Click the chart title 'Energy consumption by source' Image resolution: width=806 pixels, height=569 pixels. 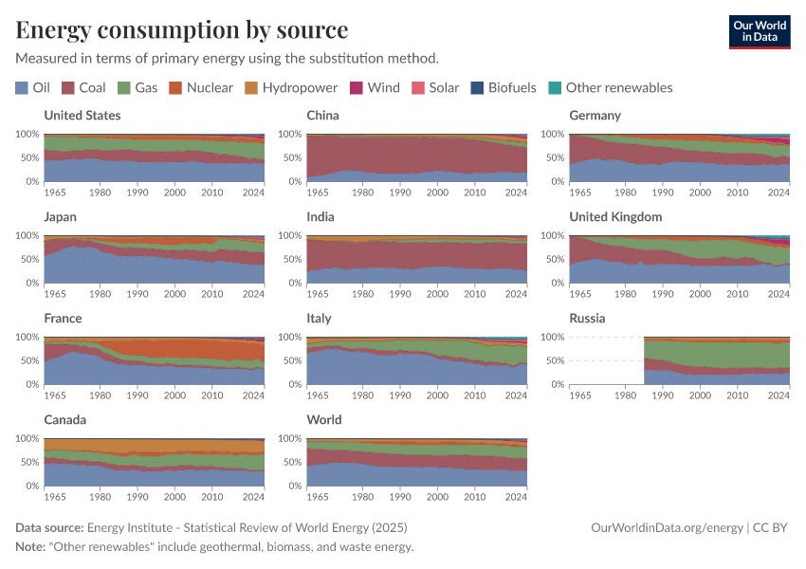tap(181, 29)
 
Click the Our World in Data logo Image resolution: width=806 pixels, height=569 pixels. tap(759, 31)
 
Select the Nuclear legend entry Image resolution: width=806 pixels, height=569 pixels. tap(201, 88)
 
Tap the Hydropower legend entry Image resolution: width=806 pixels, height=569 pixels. tap(291, 88)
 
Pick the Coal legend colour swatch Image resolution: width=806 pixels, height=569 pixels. tap(68, 88)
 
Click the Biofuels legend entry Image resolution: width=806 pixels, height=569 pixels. tap(504, 88)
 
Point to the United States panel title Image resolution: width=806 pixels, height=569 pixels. tap(82, 116)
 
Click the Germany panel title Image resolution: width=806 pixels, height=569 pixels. tap(595, 116)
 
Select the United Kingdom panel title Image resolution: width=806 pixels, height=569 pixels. tap(615, 217)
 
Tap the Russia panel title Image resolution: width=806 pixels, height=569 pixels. tap(587, 319)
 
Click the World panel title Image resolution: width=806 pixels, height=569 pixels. tap(324, 420)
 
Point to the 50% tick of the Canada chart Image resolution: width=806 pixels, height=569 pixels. tap(28, 463)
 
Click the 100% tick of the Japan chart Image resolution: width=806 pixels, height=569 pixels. tap(27, 236)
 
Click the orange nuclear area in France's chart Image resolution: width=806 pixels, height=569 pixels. tap(190, 348)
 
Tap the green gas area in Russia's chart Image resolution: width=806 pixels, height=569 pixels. tap(721, 354)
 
